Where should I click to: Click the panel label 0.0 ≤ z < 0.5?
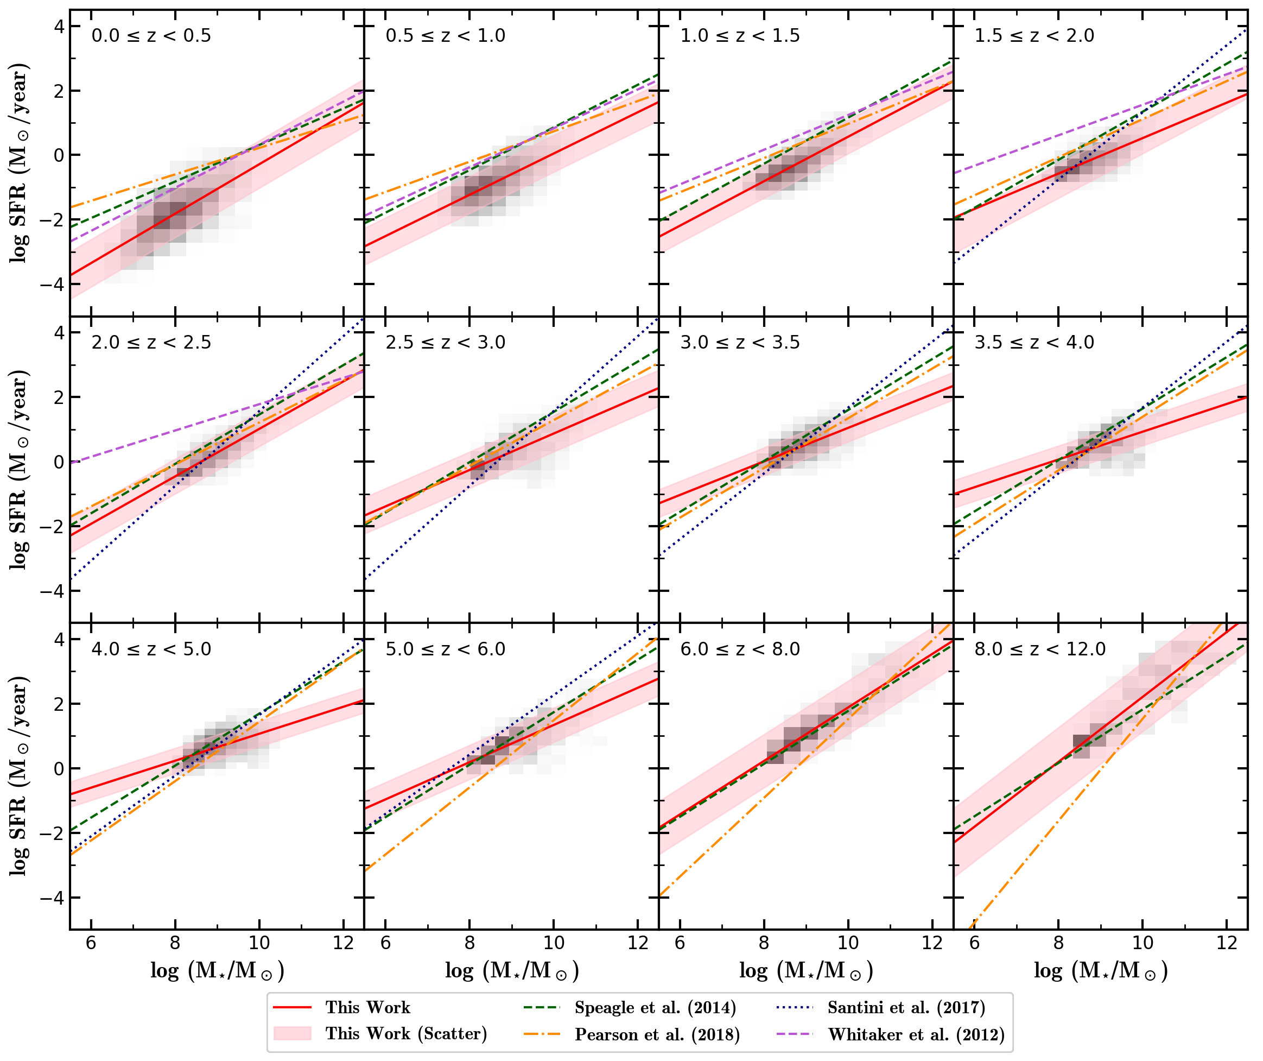point(151,36)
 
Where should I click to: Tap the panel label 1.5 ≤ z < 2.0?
point(1034,36)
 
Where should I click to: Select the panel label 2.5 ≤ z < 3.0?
point(445,343)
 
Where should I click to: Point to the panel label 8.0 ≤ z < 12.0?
point(1040,649)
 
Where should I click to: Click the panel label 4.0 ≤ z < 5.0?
point(151,649)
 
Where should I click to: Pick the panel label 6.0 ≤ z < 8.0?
point(740,649)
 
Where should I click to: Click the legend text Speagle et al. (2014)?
point(655,1007)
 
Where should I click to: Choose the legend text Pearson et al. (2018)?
point(657,1034)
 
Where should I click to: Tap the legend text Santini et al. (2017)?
point(906,1007)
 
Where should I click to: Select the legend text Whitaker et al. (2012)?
point(916,1034)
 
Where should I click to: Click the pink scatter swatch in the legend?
point(293,1034)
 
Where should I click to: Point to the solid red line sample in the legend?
point(293,1007)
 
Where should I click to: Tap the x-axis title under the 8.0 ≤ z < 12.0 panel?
point(1100,971)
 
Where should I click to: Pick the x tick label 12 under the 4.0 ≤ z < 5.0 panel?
point(343,943)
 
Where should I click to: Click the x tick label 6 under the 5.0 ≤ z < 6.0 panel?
point(385,943)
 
